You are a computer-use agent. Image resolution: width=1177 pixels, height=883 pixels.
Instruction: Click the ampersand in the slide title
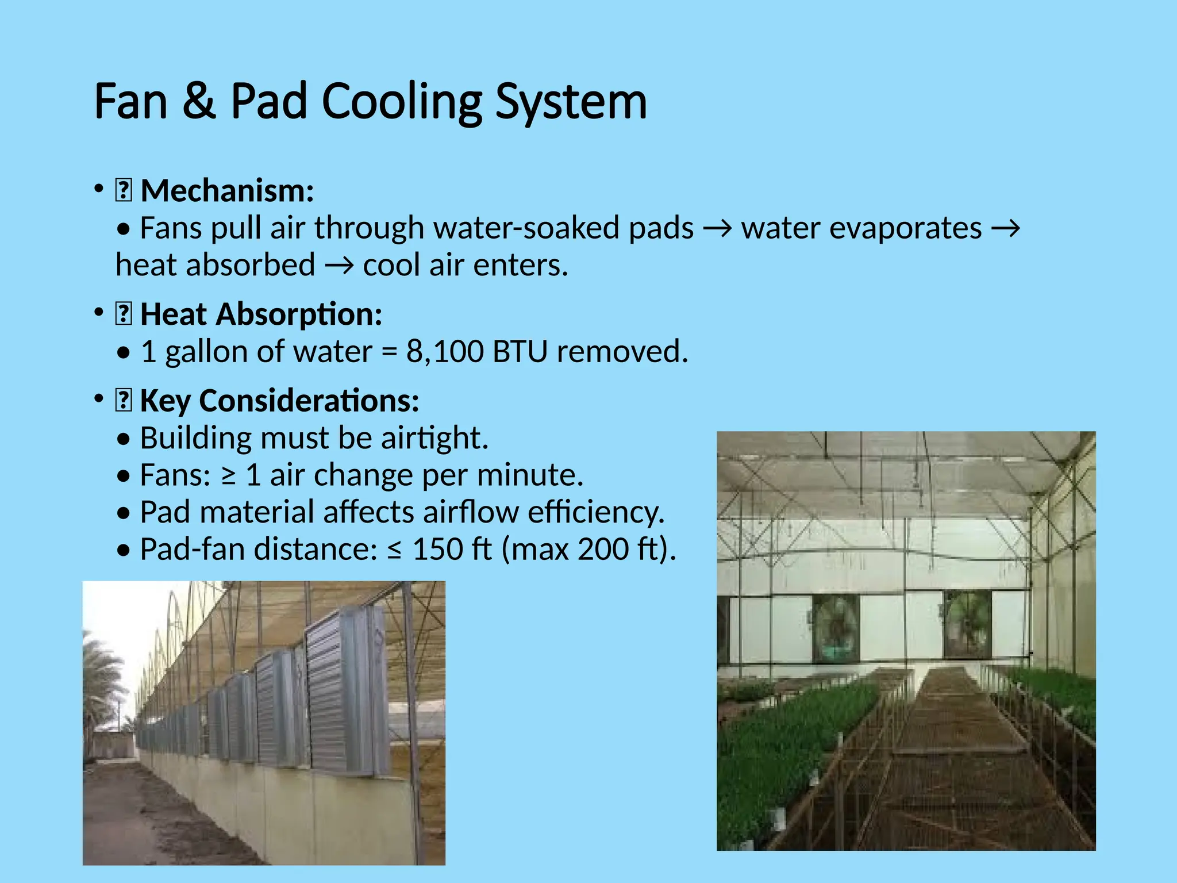[199, 101]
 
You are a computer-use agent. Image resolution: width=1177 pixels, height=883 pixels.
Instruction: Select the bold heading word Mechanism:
[227, 191]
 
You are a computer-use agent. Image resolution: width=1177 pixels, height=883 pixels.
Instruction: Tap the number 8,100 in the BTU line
[445, 351]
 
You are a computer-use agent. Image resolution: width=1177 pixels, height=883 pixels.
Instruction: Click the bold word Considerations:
[309, 401]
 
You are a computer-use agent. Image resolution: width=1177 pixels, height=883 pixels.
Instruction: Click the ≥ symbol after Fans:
[228, 475]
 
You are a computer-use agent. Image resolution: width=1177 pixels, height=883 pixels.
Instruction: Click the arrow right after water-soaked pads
[717, 229]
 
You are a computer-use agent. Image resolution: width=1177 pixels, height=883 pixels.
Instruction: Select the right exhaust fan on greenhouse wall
[968, 624]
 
